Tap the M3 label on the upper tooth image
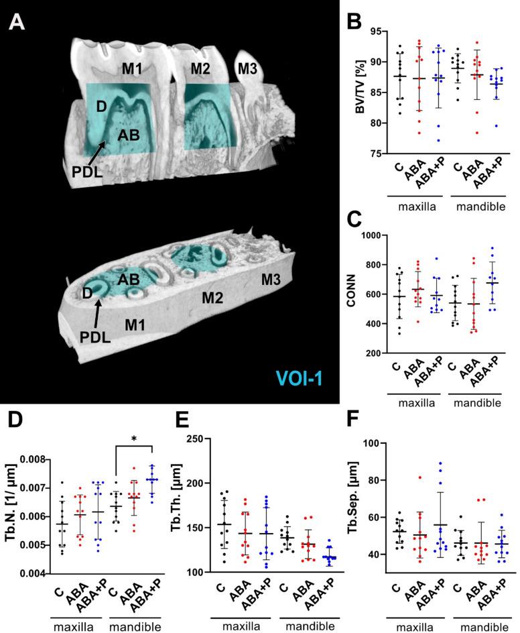247,67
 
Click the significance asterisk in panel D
135,439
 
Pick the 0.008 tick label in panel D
34,459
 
